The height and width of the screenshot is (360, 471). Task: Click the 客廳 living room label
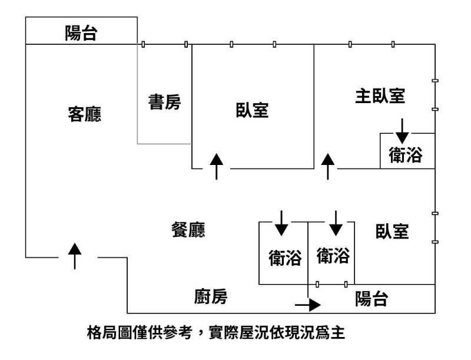tap(85, 114)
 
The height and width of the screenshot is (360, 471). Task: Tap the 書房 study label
tap(164, 103)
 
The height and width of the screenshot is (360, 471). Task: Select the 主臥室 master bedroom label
tap(380, 95)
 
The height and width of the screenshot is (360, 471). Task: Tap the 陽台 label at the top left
tap(81, 34)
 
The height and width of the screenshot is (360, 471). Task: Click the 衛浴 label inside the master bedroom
tap(406, 155)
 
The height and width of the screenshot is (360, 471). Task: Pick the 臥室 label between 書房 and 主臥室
tap(253, 110)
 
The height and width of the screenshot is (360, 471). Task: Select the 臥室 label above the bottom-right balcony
tap(392, 232)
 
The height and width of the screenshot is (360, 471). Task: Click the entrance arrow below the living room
tap(75, 255)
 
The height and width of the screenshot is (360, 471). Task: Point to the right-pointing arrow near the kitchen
tap(307, 305)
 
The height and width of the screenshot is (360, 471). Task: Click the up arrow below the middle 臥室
tap(217, 166)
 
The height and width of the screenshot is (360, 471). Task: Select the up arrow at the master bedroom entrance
tap(328, 166)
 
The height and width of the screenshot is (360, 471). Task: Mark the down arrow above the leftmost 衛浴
tap(281, 222)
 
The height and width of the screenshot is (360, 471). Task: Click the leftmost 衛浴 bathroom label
tap(285, 257)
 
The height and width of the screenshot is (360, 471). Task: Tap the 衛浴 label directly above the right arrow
tap(333, 256)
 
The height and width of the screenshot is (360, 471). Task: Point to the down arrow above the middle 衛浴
tap(336, 222)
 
